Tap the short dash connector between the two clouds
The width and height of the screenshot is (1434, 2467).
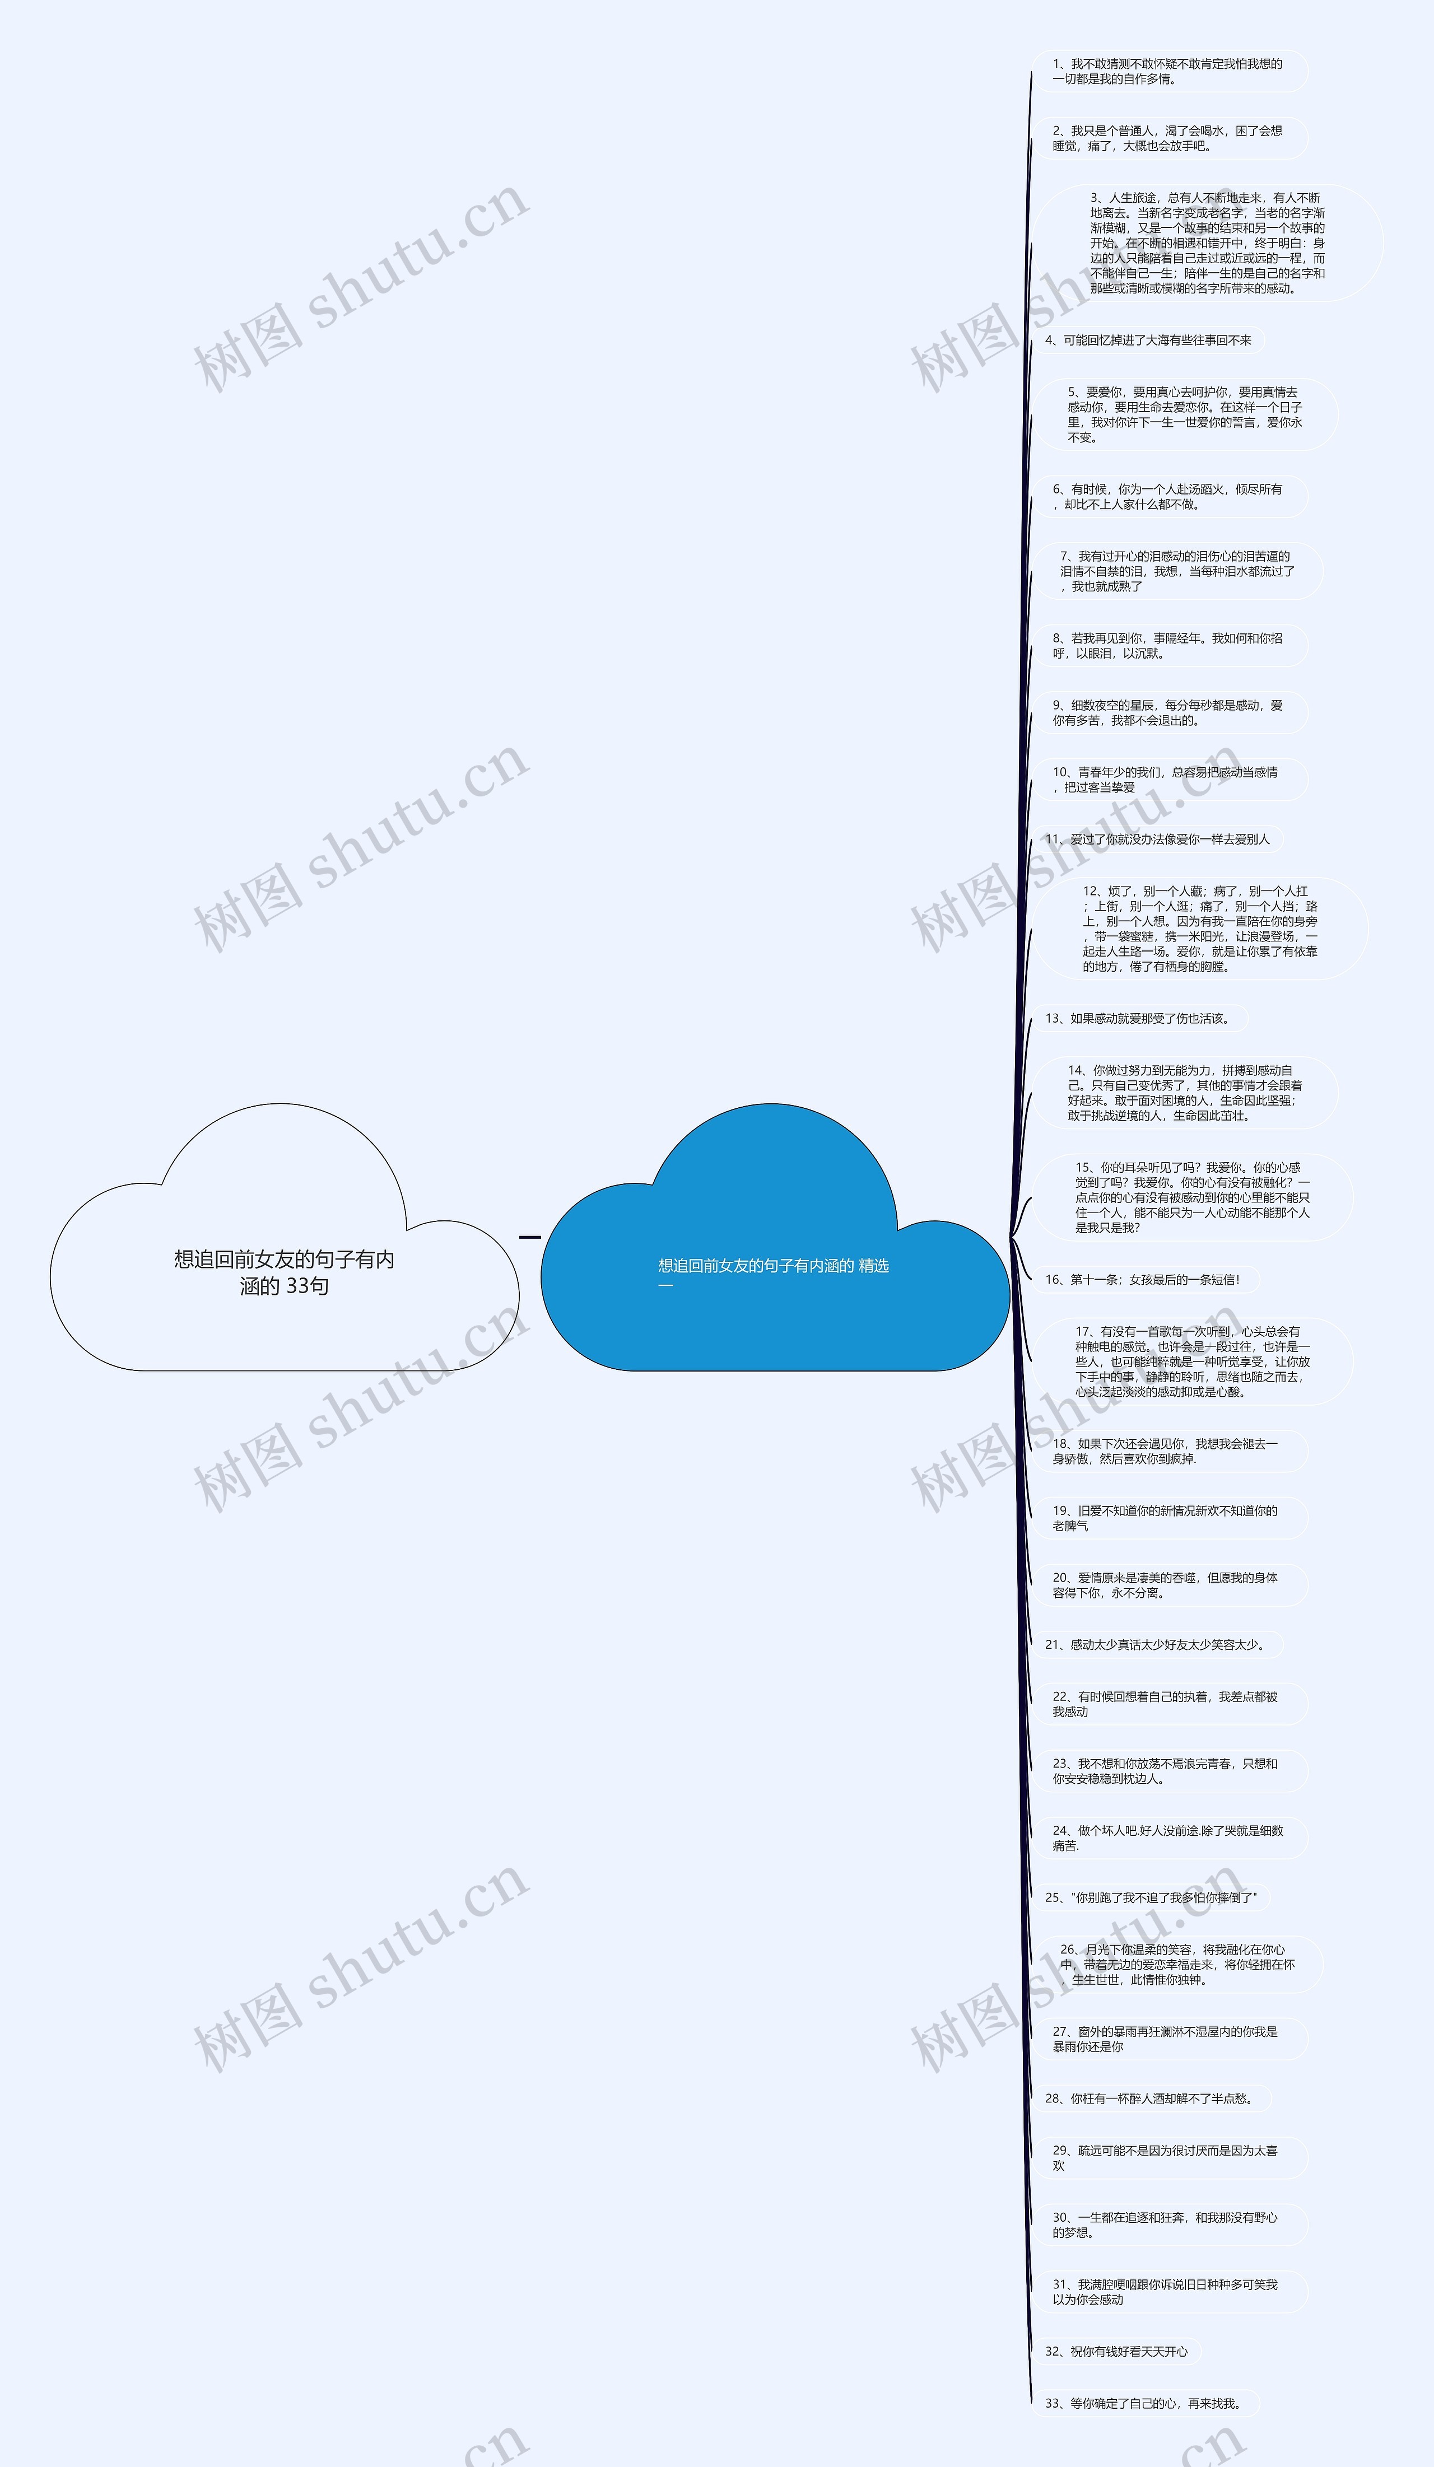[x=529, y=1237]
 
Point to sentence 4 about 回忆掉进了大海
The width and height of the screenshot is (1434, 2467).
[x=1148, y=341]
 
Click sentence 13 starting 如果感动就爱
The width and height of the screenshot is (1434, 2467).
[x=1138, y=1018]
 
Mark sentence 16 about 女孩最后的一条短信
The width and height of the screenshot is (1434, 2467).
[x=1142, y=1280]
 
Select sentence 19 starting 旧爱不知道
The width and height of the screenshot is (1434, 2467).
[x=1168, y=1518]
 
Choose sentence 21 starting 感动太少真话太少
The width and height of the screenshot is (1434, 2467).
[x=1155, y=1645]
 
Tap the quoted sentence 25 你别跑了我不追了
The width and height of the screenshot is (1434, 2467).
[x=1151, y=1897]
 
